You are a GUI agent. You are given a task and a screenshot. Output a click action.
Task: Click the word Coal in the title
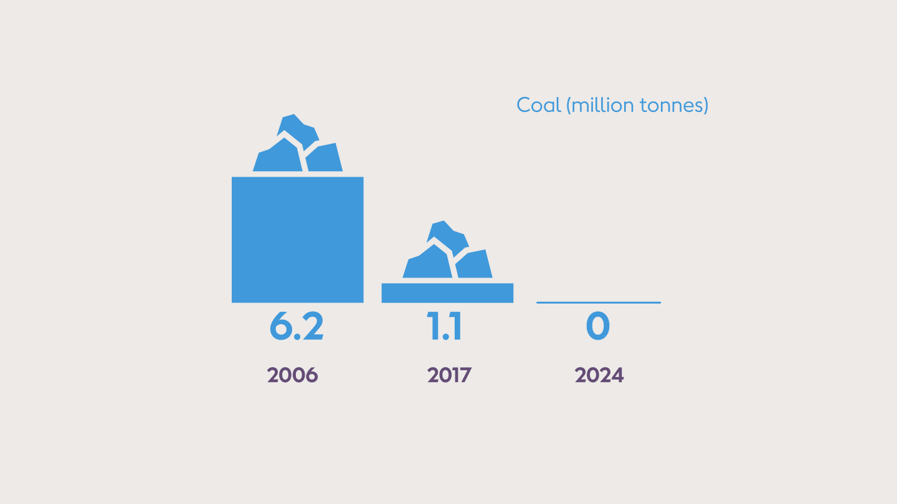[x=539, y=105]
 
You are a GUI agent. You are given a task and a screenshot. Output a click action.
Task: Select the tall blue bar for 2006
[x=297, y=240]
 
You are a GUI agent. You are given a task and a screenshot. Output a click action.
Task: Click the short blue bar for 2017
[x=447, y=293]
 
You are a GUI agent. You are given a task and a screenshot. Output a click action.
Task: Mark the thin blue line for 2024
[x=598, y=302]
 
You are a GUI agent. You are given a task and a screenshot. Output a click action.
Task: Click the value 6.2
[x=297, y=327]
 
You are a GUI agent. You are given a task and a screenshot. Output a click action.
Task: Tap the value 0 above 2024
[x=598, y=327]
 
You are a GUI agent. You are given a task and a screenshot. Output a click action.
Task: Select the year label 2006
[x=293, y=375]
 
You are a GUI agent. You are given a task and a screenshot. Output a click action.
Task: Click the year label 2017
[x=449, y=375]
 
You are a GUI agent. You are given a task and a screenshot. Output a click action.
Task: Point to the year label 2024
[x=599, y=375]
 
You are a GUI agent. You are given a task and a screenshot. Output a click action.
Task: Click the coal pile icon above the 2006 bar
[x=298, y=144]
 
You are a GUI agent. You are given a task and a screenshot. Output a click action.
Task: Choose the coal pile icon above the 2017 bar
[x=447, y=250]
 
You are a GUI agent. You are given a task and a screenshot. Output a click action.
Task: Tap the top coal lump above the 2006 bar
[x=298, y=130]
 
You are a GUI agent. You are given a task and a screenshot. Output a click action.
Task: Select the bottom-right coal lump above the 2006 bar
[x=325, y=159]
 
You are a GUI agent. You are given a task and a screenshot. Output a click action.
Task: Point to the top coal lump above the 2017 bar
[x=448, y=236]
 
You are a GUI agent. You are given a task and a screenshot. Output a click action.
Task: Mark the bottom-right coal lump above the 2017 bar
[x=474, y=265]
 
